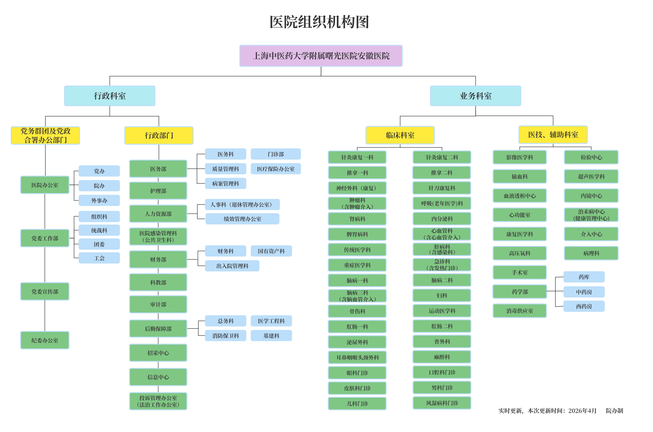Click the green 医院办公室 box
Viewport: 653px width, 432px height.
pos(45,185)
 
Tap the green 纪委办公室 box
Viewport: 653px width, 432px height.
pos(45,340)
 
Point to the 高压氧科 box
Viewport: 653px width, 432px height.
pos(520,253)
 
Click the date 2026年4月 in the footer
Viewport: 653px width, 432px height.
pos(582,411)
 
